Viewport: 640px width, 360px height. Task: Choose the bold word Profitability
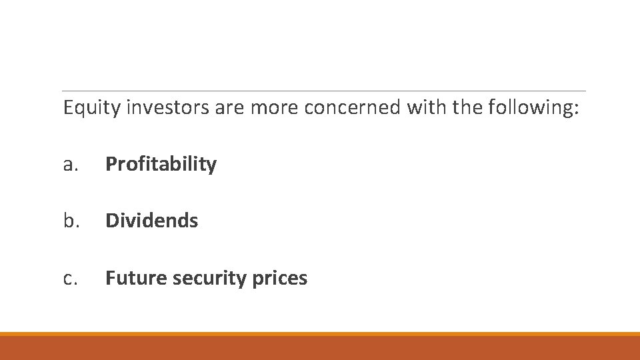(161, 165)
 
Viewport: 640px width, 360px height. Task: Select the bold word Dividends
(151, 221)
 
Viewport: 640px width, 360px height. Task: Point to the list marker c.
(70, 278)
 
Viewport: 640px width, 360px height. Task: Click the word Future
(136, 277)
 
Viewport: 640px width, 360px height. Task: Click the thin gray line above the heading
(323, 91)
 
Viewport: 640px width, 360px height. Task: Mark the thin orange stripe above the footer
(320, 334)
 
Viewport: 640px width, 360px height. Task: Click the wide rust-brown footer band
(320, 348)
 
